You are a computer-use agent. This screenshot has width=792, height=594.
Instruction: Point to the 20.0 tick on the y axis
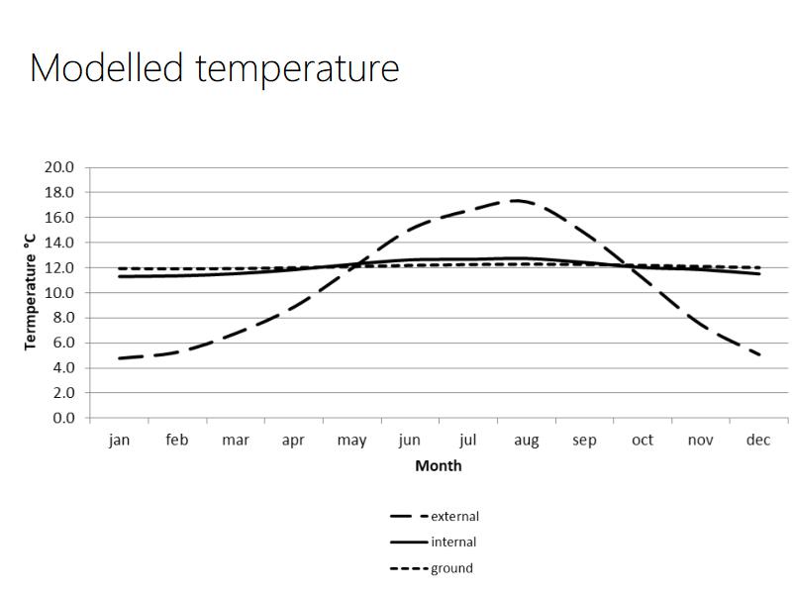coord(59,167)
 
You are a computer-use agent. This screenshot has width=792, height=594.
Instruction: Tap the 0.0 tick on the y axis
coord(63,418)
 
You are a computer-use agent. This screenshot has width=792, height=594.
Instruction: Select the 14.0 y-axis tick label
coord(59,243)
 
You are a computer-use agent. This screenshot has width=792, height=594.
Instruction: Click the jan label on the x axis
coord(119,441)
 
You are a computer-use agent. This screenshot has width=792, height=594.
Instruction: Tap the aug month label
coord(526,441)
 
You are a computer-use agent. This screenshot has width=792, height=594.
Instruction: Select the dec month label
coord(757,441)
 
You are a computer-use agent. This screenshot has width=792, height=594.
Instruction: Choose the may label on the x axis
coord(351,441)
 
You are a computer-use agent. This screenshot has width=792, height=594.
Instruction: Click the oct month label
coord(643,441)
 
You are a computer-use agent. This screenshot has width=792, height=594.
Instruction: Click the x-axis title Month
coord(438,465)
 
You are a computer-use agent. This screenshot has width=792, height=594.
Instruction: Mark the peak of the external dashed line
coord(516,201)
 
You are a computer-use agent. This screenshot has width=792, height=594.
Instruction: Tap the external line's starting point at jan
coord(119,357)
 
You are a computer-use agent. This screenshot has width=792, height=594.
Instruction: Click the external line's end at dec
coord(758,354)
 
